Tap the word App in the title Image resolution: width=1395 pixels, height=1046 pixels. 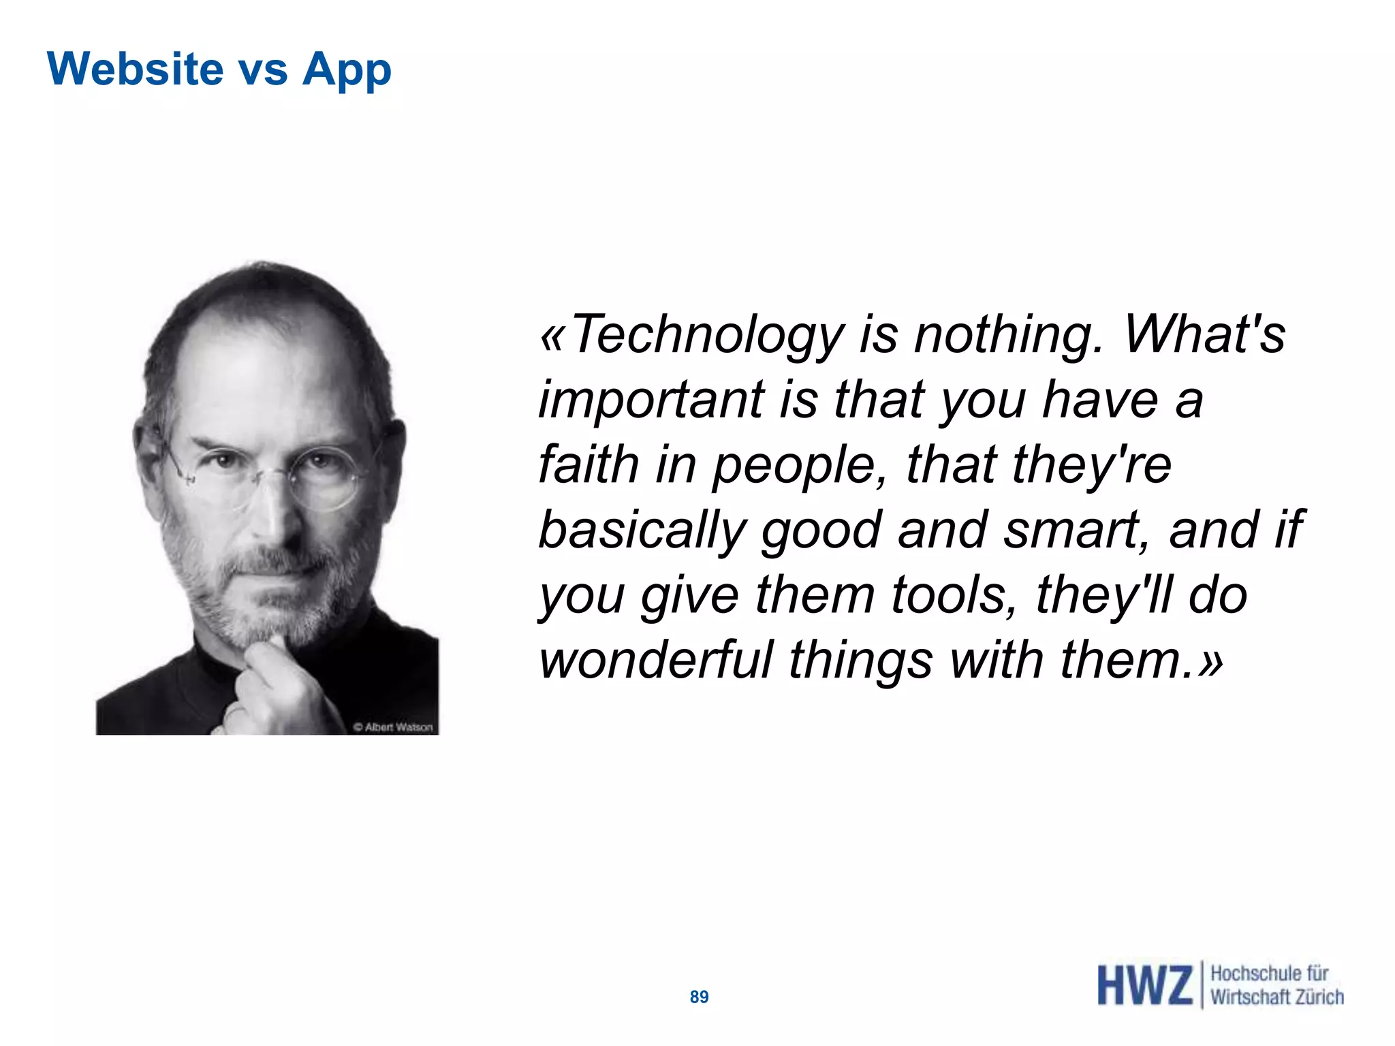(347, 71)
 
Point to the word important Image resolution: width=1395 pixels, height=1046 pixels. (651, 400)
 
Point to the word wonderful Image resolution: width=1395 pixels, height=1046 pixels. (655, 660)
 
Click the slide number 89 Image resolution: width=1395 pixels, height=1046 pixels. (699, 997)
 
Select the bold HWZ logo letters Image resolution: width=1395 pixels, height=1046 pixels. (1144, 985)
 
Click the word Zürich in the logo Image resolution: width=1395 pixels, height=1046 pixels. (1319, 997)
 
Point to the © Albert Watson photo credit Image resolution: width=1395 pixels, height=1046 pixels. (393, 727)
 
